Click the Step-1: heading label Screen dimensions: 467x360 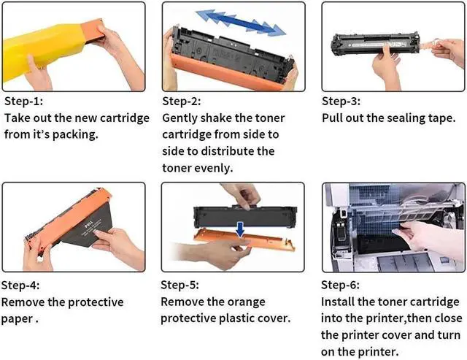[23, 102]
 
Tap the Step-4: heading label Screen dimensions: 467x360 [20, 286]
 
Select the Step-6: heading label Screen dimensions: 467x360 [340, 285]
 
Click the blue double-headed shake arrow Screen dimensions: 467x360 [241, 23]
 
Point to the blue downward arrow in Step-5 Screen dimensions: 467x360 [240, 230]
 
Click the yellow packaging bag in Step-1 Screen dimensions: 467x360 [42, 50]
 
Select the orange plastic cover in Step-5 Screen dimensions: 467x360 [244, 240]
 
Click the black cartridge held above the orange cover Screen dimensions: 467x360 [245, 216]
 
